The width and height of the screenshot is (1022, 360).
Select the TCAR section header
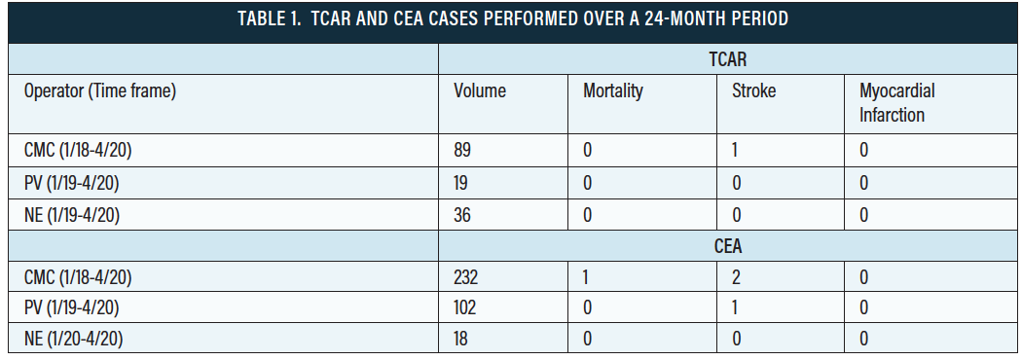pos(727,58)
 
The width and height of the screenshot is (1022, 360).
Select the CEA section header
pos(727,246)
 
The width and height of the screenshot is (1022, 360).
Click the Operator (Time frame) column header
pos(100,91)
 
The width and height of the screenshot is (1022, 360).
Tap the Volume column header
pos(479,91)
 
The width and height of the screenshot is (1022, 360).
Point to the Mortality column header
pos(613,91)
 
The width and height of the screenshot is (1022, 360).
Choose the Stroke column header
pos(753,91)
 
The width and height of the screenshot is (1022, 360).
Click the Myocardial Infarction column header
pos(896,102)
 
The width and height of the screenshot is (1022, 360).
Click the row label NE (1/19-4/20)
pos(72,215)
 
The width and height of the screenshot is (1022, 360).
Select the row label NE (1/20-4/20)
pos(72,340)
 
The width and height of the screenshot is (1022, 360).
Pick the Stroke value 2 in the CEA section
pos(737,277)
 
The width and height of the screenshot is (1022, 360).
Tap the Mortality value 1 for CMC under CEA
pos(587,277)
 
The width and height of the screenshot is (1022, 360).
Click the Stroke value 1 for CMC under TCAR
pos(737,151)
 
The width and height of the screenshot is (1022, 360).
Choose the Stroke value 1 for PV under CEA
pos(737,308)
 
